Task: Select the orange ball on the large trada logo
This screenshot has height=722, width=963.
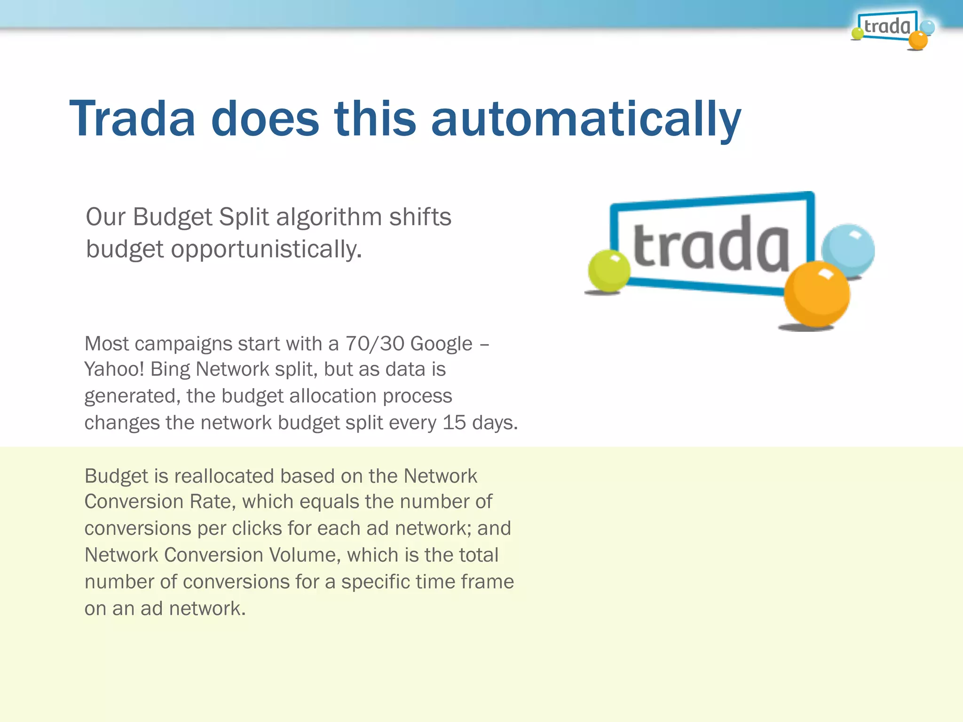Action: (816, 294)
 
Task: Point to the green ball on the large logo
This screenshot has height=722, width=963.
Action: (608, 271)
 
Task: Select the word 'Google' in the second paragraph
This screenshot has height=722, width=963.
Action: (441, 344)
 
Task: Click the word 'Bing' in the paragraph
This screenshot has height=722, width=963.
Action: (170, 369)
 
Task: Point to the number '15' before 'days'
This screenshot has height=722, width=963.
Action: (454, 423)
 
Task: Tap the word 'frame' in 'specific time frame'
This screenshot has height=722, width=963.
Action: (487, 582)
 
